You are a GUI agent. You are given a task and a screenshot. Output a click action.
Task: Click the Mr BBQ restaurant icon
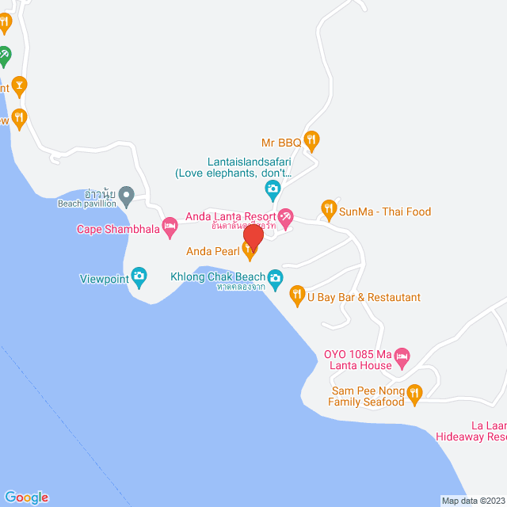[312, 142]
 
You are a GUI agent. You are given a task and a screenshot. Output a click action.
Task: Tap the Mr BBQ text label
[281, 143]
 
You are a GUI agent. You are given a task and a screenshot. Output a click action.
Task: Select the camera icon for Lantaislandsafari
[273, 189]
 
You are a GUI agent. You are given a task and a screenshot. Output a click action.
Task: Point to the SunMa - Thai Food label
[385, 212]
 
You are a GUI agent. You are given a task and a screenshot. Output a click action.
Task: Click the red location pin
[253, 237]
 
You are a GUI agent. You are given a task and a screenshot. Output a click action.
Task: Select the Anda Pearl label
[213, 252]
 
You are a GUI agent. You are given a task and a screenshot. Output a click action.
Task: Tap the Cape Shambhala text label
[118, 230]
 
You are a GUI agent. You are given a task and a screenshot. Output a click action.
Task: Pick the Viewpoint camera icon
[139, 278]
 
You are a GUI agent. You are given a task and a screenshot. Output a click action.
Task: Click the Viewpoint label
[103, 279]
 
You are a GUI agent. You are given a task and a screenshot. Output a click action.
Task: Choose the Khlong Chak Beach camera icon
[275, 277]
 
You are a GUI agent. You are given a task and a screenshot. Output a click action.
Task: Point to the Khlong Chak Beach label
[218, 277]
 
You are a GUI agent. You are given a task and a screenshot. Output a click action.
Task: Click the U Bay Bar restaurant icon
[298, 296]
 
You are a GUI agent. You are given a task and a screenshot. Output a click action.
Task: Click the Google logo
[25, 497]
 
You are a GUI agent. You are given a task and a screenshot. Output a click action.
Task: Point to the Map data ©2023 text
[472, 501]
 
